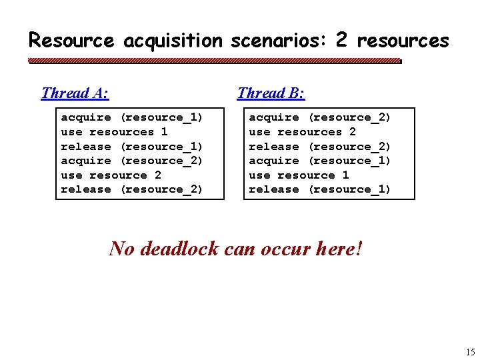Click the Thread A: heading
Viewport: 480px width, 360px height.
tap(75, 93)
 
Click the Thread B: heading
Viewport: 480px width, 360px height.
tap(271, 93)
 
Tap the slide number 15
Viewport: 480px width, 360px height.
tap(471, 352)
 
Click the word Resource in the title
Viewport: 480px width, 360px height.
tap(71, 41)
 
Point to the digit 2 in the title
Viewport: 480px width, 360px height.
tap(341, 40)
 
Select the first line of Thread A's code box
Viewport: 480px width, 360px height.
tap(132, 117)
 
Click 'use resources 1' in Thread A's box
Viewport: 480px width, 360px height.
tap(114, 132)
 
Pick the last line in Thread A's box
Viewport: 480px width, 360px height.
tap(132, 189)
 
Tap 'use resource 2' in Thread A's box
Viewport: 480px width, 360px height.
tap(111, 175)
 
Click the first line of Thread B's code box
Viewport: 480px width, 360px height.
tap(320, 117)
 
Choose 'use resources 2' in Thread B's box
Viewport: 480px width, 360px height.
tap(302, 132)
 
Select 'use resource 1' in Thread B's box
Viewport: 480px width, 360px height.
tap(299, 175)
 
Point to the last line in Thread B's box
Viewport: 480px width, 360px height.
tap(320, 189)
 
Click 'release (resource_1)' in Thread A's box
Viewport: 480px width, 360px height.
tap(132, 147)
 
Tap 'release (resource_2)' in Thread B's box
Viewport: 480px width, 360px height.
tap(320, 147)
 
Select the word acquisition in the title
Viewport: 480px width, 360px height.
tap(173, 41)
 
